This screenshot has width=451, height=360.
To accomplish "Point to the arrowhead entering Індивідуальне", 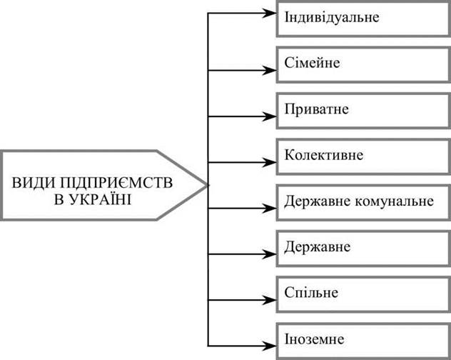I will pos(271,13).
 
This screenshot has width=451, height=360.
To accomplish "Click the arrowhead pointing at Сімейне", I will pos(271,70).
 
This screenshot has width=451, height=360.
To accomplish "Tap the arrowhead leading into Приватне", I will pos(271,116).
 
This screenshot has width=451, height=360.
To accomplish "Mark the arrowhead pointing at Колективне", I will pos(271,163).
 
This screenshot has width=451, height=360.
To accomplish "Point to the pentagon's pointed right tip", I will pos(207,184).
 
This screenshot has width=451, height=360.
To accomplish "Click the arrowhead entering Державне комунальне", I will pos(271,209).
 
